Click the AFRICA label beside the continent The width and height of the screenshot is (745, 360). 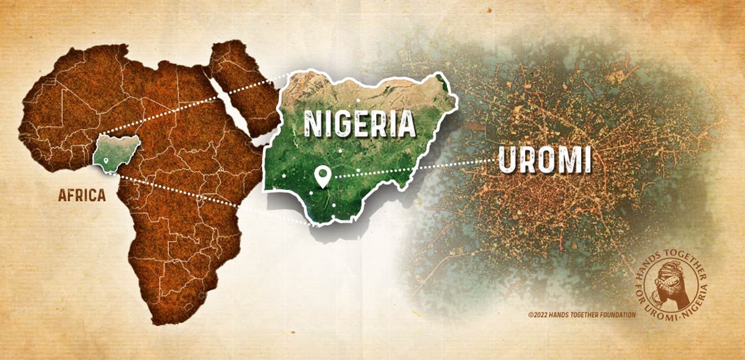(82, 195)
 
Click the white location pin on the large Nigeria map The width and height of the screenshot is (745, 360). (322, 176)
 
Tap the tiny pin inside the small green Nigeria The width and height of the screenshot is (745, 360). (107, 161)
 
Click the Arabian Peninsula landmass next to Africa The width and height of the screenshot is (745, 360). (242, 81)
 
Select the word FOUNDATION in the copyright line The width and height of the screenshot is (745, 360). (617, 315)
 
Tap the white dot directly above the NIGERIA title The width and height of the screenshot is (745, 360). (358, 99)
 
